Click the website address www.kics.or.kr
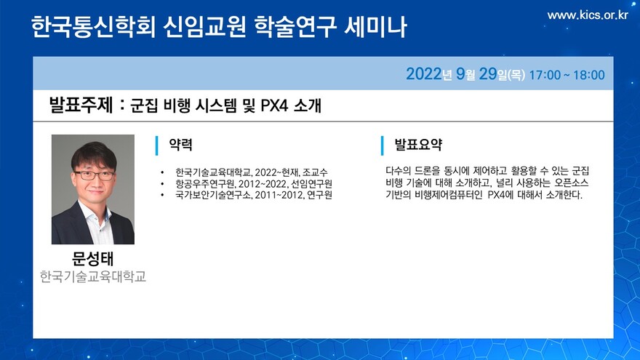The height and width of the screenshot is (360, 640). click(588, 15)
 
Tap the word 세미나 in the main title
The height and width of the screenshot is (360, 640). click(375, 28)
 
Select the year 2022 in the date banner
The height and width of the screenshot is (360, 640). click(424, 74)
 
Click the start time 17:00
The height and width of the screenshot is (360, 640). click(545, 75)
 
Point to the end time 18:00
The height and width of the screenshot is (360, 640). click(589, 75)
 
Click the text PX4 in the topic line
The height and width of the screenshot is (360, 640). click(274, 105)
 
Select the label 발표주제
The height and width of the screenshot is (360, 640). click(81, 105)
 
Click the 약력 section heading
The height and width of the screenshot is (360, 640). click(180, 145)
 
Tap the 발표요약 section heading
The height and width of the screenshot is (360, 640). click(418, 145)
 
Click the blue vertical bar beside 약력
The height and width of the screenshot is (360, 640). click(157, 145)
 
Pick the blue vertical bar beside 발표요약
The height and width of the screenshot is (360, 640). click(382, 145)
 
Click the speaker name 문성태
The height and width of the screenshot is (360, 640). click(92, 258)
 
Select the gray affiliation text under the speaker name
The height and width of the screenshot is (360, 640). click(92, 276)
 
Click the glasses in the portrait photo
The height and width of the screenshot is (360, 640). click(95, 175)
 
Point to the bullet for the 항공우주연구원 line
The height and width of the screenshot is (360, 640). click(162, 184)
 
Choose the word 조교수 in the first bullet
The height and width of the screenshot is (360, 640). click(315, 172)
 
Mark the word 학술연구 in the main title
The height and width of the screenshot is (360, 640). click(295, 28)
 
